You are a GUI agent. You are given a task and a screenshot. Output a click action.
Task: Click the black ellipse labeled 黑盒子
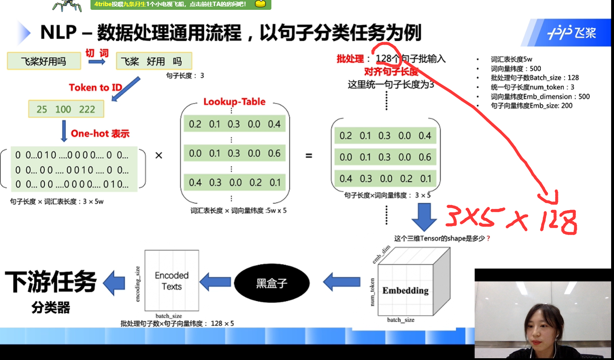[x=271, y=283]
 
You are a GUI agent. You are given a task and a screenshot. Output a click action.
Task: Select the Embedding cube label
[x=405, y=290]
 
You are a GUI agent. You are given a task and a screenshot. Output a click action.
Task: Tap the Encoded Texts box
[x=172, y=281]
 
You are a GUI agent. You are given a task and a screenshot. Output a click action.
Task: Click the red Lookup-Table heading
[x=235, y=102]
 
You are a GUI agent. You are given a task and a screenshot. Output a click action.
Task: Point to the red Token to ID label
[x=95, y=88]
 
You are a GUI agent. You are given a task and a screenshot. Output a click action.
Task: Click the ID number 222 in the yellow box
[x=87, y=109]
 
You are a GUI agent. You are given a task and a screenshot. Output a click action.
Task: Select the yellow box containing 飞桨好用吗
[x=44, y=61]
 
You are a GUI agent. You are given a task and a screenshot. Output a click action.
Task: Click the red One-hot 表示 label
[x=100, y=134]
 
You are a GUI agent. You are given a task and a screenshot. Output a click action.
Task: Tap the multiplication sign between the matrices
[x=159, y=155]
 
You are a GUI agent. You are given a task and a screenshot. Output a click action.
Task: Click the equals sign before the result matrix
[x=309, y=156]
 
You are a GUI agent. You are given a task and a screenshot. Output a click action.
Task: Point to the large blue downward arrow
[x=424, y=216]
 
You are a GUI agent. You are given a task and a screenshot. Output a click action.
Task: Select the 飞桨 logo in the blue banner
[x=572, y=32]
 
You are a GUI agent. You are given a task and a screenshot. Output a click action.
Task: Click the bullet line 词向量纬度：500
[x=516, y=68]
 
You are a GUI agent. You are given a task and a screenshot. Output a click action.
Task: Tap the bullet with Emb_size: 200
[x=531, y=106]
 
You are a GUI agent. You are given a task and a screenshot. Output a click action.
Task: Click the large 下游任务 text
[x=51, y=282]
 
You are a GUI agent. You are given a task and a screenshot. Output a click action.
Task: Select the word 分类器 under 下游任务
[x=51, y=307]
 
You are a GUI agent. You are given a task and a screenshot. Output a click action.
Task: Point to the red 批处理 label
[x=350, y=59]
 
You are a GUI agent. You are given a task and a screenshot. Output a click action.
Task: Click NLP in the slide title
[x=59, y=32]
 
